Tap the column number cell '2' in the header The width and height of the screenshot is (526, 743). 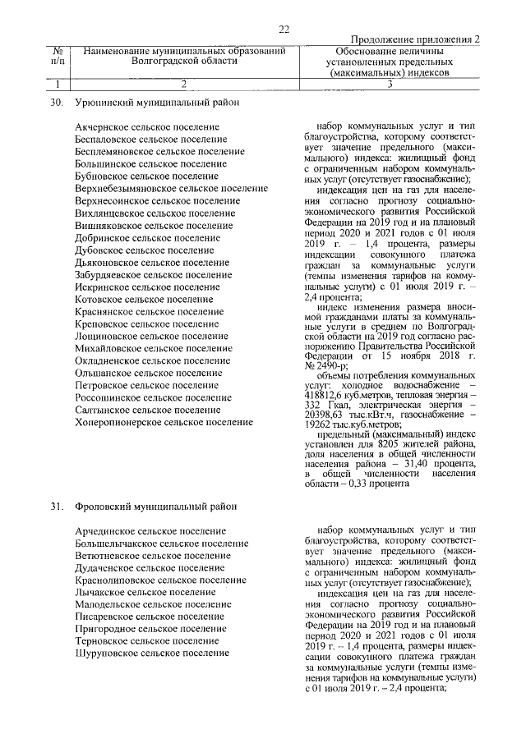[183, 83]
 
